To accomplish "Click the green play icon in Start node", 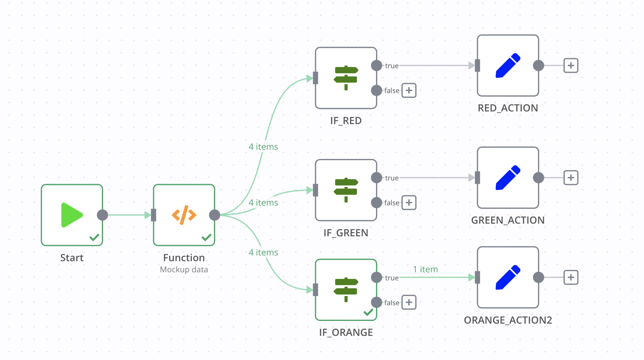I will [72, 215].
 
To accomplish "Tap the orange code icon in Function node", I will [184, 215].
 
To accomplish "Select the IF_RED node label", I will [346, 121].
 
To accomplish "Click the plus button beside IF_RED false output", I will [409, 90].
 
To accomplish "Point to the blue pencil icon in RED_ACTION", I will [508, 65].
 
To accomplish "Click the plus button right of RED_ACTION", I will [571, 65].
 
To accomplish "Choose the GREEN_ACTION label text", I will [508, 220].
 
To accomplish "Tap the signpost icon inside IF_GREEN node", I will [346, 190].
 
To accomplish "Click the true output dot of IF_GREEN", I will [377, 178].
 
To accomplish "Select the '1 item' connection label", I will [425, 269].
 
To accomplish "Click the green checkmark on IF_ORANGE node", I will [368, 312].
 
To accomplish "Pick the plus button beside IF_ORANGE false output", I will [409, 303].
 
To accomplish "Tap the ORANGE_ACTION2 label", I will [508, 320].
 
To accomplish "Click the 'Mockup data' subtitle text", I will [184, 270].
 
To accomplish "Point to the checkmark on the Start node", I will [94, 237].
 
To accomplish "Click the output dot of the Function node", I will [214, 215].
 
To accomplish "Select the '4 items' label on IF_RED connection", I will [263, 147].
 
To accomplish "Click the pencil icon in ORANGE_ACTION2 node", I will [508, 277].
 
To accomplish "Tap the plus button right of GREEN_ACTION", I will [571, 178].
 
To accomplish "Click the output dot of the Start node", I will [102, 215].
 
